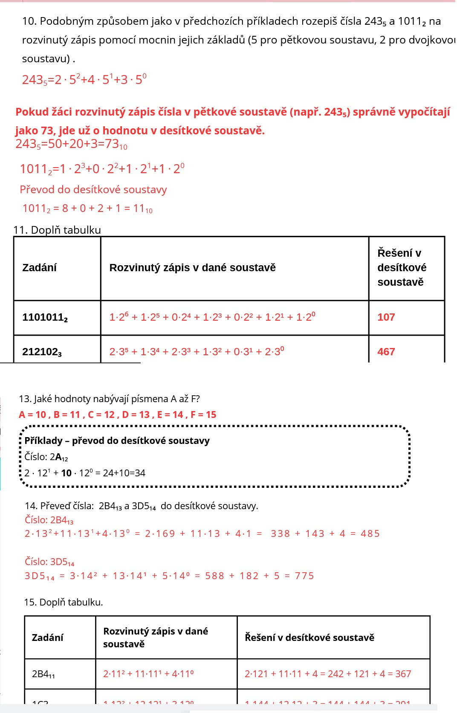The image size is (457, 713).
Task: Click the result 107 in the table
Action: coord(386,317)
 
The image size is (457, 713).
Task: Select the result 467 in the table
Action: coord(386,352)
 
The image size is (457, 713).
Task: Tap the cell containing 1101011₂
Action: coord(45,317)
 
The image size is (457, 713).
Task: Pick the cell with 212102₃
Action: coord(42,352)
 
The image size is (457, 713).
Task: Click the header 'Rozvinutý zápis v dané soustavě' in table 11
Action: coord(193,268)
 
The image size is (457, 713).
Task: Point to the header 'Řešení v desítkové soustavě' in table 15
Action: coord(309,638)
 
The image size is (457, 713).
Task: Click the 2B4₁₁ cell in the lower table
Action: coord(43,674)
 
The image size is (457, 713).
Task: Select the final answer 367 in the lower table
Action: coord(403,674)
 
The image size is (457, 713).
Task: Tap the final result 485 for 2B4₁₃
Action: coord(370,534)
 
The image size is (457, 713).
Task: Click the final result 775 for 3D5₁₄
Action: coord(304,576)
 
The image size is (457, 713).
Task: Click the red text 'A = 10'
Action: coord(32,414)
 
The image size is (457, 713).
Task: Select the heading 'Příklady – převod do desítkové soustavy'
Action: coord(117,441)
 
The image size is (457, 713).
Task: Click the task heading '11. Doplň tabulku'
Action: coord(57,230)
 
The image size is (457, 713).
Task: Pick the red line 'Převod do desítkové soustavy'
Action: coord(93,190)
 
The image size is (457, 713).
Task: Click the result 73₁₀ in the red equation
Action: coord(116,144)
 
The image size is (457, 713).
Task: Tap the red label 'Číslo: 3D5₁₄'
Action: coord(49,562)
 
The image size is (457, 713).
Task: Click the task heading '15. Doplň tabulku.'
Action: coord(64,602)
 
